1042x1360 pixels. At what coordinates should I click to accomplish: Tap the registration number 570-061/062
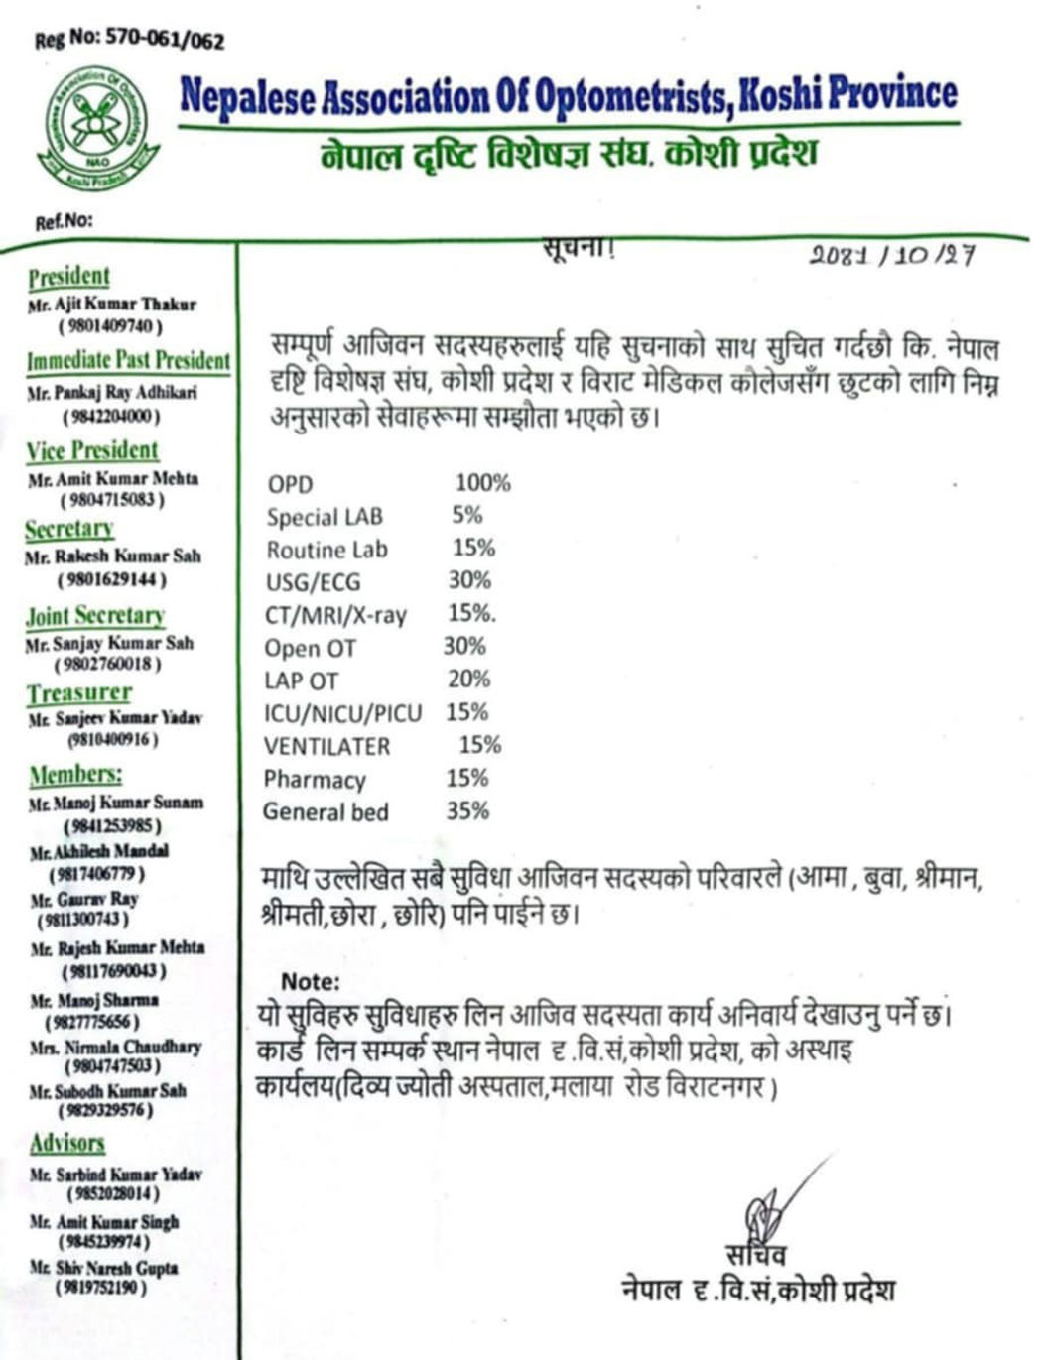tap(165, 41)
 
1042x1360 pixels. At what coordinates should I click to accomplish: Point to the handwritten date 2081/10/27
tap(891, 255)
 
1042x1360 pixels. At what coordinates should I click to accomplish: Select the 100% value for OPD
tap(482, 483)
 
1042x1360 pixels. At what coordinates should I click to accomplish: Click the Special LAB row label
tap(324, 517)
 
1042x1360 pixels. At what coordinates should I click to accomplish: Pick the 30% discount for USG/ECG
tap(469, 580)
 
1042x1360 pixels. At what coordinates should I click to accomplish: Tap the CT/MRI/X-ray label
tap(335, 615)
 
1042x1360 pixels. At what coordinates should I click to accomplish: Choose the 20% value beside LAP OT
tap(468, 679)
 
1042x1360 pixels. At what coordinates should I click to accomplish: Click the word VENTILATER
tap(326, 746)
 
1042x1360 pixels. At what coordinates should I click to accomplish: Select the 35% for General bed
tap(467, 810)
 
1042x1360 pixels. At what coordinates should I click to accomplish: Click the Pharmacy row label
tap(315, 780)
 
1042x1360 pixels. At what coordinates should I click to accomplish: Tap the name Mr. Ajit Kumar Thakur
tap(111, 304)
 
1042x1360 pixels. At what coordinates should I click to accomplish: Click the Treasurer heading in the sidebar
tap(78, 692)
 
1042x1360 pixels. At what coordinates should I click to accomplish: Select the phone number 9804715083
tap(110, 500)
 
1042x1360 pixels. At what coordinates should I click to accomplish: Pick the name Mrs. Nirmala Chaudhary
tap(115, 1047)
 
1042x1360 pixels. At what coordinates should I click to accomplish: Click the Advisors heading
tap(66, 1143)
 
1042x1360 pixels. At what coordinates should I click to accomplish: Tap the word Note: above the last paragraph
tap(310, 981)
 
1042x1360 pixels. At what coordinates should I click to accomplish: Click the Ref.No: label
tap(64, 221)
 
